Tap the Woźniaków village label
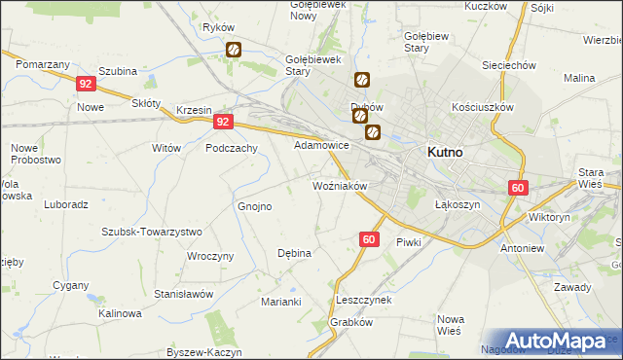339,185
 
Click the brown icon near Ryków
234,49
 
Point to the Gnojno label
254,206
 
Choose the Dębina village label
294,253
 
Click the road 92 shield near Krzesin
224,122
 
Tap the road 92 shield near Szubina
86,85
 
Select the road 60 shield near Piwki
368,238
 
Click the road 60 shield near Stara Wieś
517,188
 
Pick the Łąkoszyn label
453,205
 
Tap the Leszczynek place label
362,300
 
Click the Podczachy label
231,148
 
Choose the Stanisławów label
183,293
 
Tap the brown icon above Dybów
361,81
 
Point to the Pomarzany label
42,63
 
